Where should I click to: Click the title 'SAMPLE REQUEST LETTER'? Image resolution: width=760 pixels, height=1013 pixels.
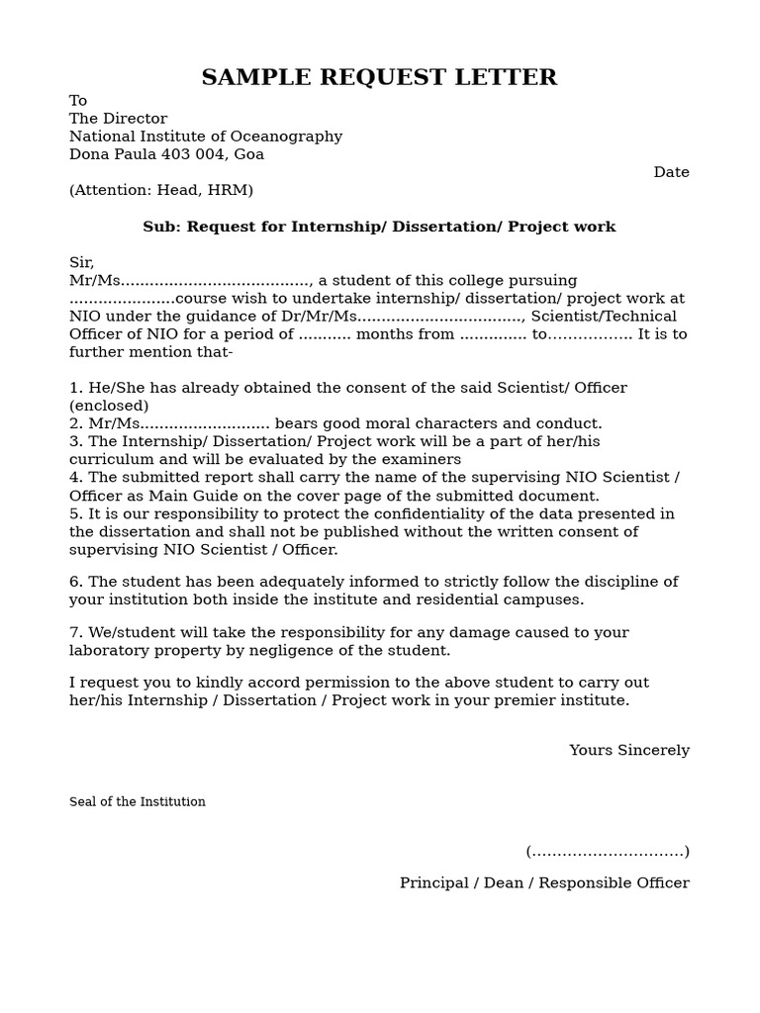[379, 77]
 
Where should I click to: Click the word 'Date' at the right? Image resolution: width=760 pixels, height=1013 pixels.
[671, 172]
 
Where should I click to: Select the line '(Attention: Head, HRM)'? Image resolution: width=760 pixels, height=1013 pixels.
[161, 190]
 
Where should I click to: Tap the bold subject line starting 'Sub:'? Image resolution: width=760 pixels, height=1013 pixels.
[379, 227]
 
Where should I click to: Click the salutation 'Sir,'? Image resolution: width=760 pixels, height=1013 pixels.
[81, 262]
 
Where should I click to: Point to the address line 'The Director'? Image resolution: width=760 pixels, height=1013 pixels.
[118, 119]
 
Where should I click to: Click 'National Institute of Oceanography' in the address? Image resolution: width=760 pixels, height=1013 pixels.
[206, 137]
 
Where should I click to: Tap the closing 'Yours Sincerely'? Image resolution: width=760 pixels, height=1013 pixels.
[628, 750]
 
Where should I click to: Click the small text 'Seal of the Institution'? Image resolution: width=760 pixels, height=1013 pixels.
[138, 801]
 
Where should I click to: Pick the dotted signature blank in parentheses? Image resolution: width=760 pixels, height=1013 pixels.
[608, 851]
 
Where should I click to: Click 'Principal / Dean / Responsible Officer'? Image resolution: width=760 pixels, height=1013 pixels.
[544, 882]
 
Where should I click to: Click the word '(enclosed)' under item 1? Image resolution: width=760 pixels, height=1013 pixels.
[109, 406]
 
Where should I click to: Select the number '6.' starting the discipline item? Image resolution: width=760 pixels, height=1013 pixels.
[76, 581]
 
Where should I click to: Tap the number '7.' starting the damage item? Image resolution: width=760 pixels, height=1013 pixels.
[76, 632]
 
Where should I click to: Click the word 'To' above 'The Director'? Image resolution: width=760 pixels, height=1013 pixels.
[78, 101]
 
